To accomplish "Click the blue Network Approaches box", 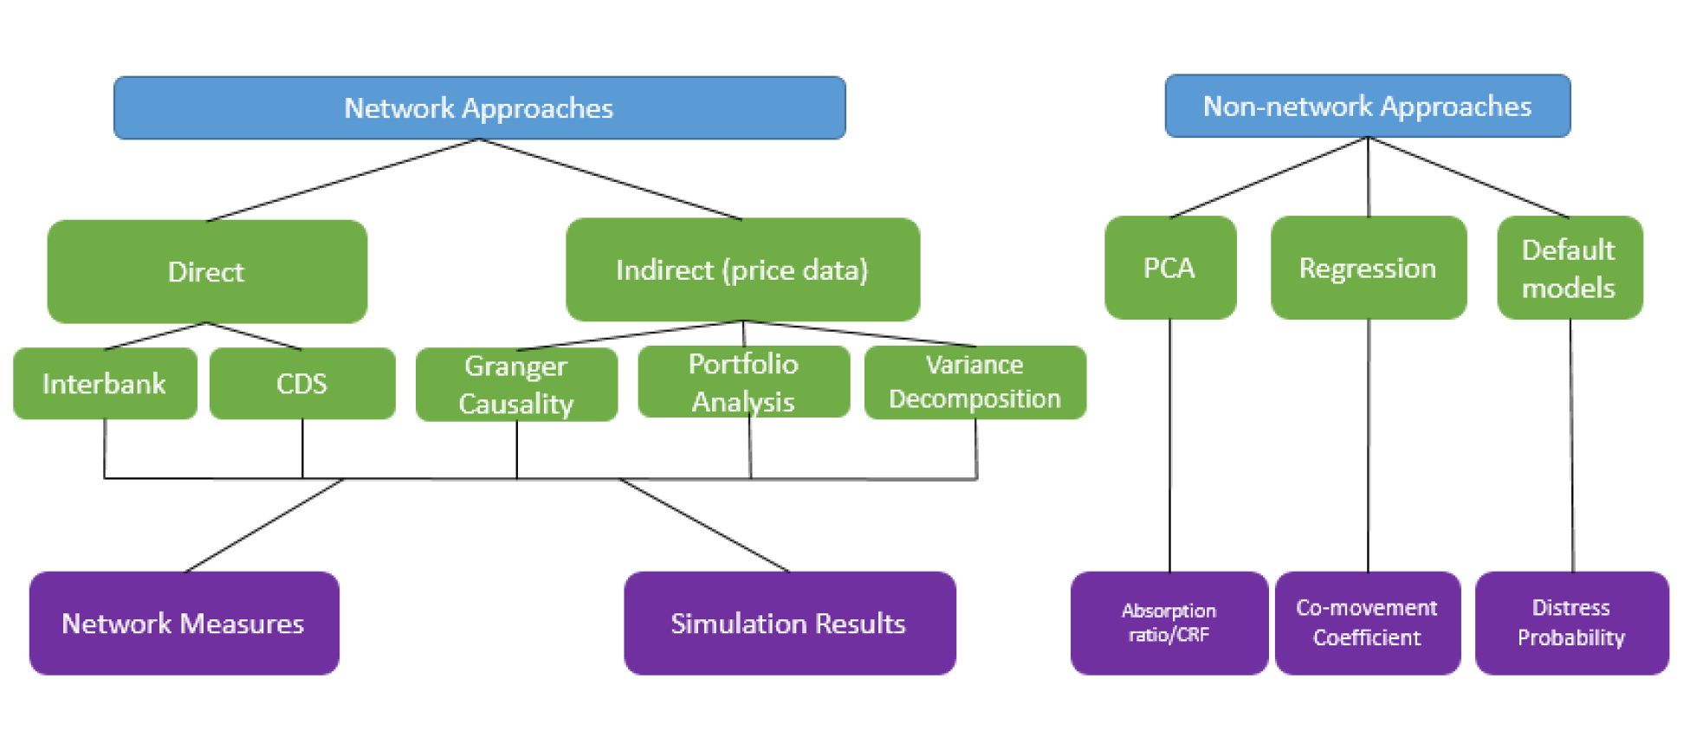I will coord(479,108).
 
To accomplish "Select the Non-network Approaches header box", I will coord(1367,107).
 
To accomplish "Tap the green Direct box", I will coord(206,272).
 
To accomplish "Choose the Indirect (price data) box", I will coord(742,270).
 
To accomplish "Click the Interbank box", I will coord(104,384).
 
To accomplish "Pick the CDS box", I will coord(301,384).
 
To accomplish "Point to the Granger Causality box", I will coord(516,385).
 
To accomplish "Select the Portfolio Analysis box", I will coord(743,382).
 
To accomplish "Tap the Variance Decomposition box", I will coord(975,382).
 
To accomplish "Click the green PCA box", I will coord(1169,269).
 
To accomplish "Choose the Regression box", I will coord(1368,269).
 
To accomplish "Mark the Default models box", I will coord(1569,269).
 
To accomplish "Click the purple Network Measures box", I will coord(184,624).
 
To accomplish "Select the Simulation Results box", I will coord(789,624).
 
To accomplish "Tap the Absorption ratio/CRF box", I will coord(1169,624).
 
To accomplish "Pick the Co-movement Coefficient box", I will coord(1367,624).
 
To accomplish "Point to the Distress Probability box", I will coord(1571,624).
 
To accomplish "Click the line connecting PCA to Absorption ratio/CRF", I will coord(1169,446).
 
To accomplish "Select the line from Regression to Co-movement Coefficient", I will coord(1369,446).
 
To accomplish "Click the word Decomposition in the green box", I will coord(975,399).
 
